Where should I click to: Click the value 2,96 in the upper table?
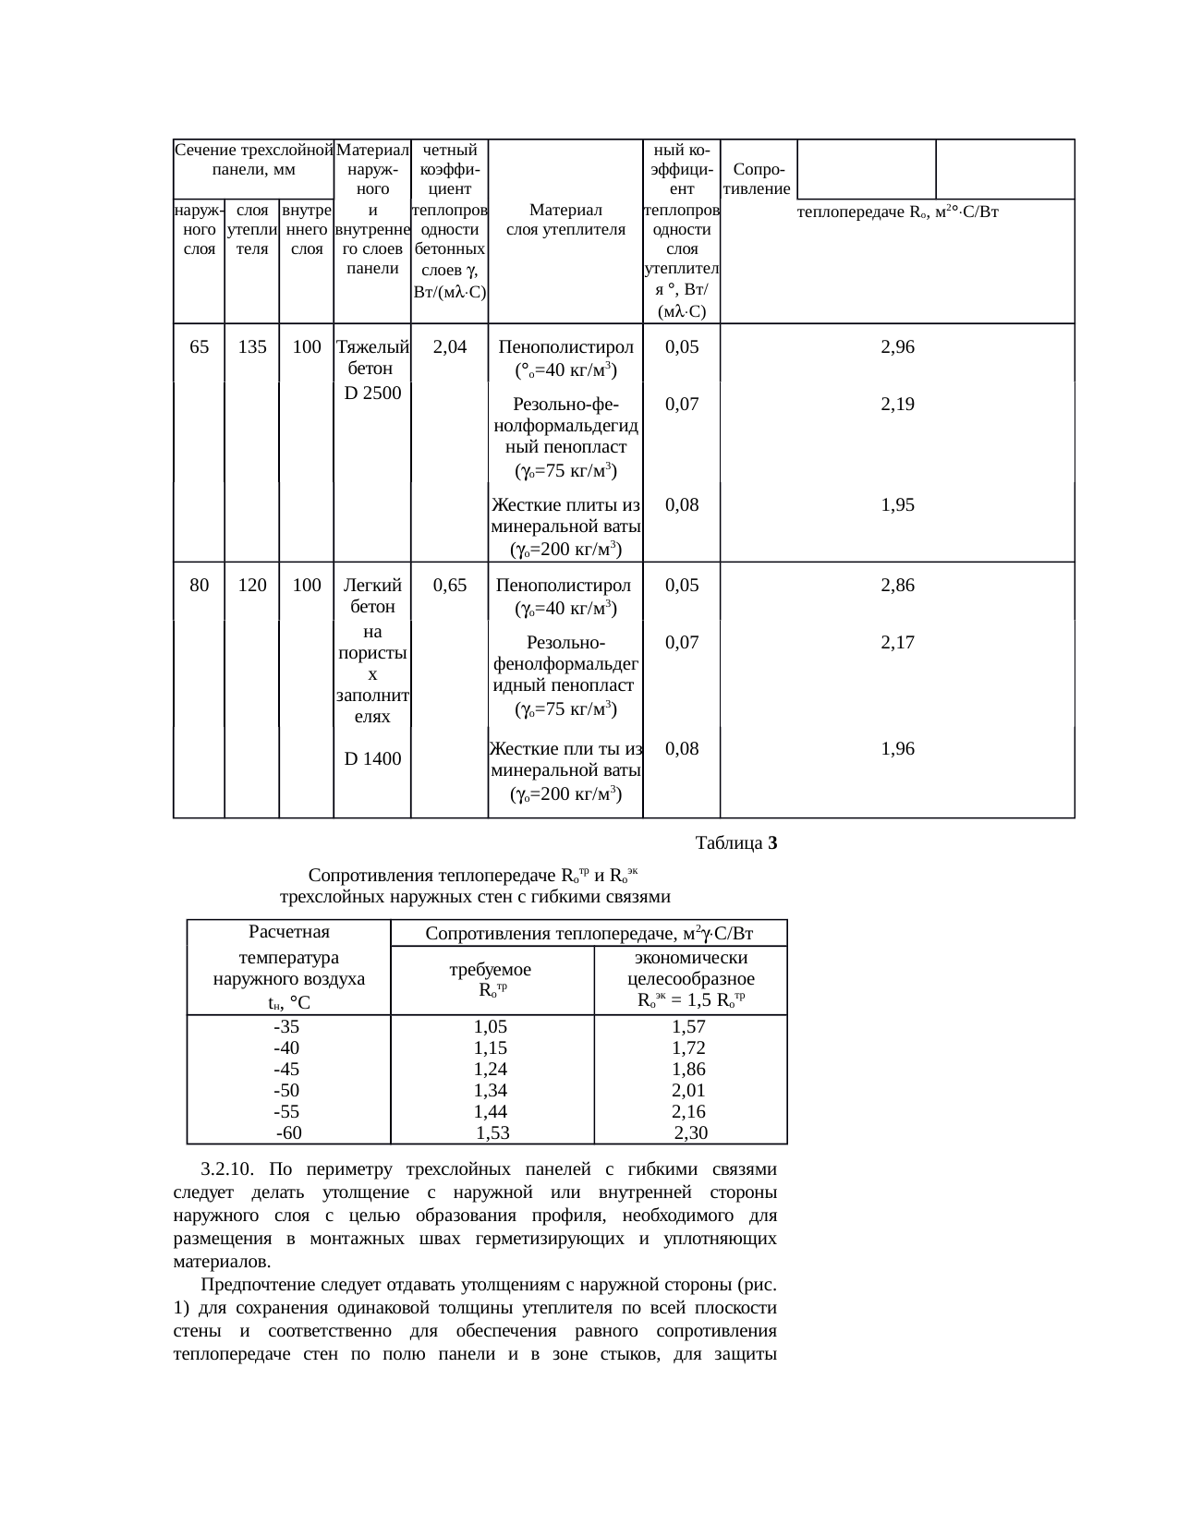click(897, 347)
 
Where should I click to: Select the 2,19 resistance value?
click(897, 404)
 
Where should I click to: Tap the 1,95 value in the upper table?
click(897, 504)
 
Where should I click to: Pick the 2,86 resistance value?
click(897, 585)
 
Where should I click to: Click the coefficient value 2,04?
click(449, 347)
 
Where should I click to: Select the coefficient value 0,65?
click(449, 585)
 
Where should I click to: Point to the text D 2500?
click(372, 393)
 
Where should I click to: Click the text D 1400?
click(372, 759)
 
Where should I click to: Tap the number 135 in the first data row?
click(252, 347)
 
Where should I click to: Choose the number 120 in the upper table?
click(252, 585)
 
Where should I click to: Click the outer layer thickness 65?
click(199, 347)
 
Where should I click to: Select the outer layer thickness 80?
click(199, 585)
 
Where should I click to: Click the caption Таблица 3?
click(736, 843)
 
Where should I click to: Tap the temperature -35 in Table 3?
click(286, 1026)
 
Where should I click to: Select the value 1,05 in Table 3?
click(491, 1026)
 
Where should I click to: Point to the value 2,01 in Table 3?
click(688, 1091)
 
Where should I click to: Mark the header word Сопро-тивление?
click(759, 179)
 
